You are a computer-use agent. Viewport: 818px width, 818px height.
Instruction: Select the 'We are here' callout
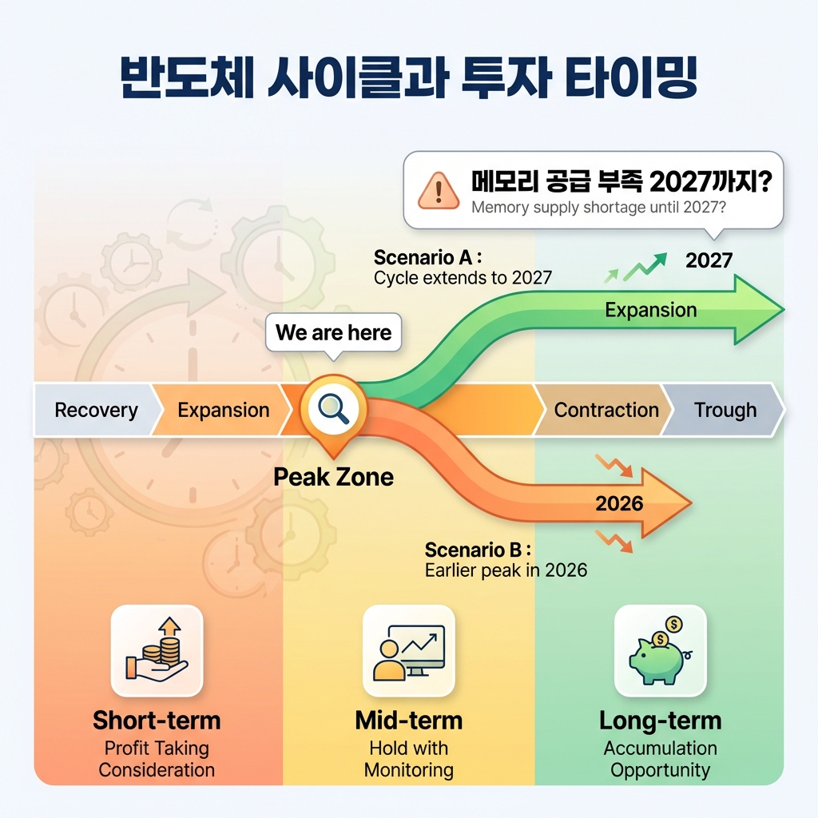tap(333, 332)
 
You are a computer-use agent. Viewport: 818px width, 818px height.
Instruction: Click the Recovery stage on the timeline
tap(96, 411)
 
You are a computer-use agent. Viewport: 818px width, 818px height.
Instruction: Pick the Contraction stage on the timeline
tap(606, 411)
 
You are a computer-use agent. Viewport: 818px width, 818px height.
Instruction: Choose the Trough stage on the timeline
tap(725, 411)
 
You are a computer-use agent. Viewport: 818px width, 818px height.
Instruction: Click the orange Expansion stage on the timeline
tap(223, 411)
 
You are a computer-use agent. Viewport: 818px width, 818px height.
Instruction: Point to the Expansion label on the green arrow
tap(650, 310)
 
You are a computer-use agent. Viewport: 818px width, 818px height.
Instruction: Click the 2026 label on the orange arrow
tap(619, 503)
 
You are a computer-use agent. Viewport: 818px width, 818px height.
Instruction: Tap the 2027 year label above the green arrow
tap(709, 260)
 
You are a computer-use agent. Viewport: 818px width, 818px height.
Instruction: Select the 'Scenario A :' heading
tap(428, 258)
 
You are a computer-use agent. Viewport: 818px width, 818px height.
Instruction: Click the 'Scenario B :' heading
tap(478, 550)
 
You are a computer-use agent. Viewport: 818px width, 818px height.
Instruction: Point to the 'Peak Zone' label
tap(333, 478)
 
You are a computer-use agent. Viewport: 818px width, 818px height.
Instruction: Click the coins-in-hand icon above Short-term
tap(157, 650)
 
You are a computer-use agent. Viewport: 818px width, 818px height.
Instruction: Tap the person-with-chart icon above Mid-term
tap(408, 650)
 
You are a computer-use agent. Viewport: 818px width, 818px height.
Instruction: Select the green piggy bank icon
tap(660, 650)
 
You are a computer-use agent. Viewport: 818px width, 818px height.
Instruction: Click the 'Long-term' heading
tap(660, 721)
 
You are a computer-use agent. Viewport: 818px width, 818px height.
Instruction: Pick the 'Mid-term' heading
tap(408, 721)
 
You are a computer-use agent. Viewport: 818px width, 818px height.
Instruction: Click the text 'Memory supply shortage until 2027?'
tap(598, 208)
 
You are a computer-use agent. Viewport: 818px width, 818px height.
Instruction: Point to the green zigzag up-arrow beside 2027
tap(644, 265)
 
